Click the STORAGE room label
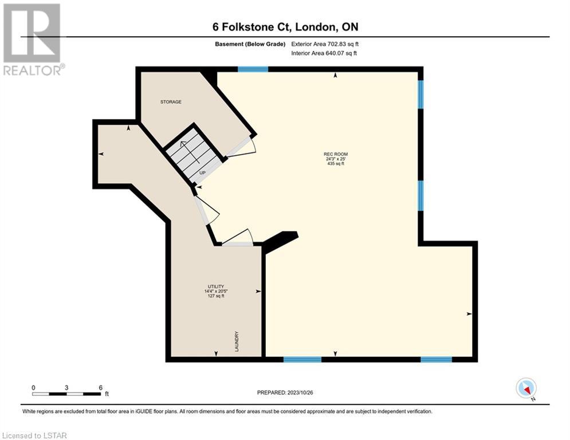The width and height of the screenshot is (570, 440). (171, 102)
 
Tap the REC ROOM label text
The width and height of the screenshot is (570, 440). (336, 154)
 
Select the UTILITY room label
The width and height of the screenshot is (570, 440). (215, 286)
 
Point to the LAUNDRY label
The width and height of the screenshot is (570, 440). (237, 341)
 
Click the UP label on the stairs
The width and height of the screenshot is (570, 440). (202, 172)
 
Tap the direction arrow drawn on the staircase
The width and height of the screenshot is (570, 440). (190, 152)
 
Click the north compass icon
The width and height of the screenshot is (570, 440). (526, 388)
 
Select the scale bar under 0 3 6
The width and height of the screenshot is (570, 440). (66, 394)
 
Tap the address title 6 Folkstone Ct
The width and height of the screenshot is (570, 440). (252, 27)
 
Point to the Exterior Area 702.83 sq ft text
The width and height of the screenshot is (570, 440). (325, 44)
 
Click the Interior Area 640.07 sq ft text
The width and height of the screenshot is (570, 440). (324, 53)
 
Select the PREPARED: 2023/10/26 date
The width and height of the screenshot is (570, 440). (285, 392)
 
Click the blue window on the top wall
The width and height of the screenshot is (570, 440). (253, 69)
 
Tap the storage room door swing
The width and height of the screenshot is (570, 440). (241, 148)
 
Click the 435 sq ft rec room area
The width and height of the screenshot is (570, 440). (336, 164)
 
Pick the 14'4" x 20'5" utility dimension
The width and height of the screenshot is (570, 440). (215, 291)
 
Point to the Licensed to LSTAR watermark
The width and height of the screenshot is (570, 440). (34, 435)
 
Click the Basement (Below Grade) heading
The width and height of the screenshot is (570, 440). (250, 44)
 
